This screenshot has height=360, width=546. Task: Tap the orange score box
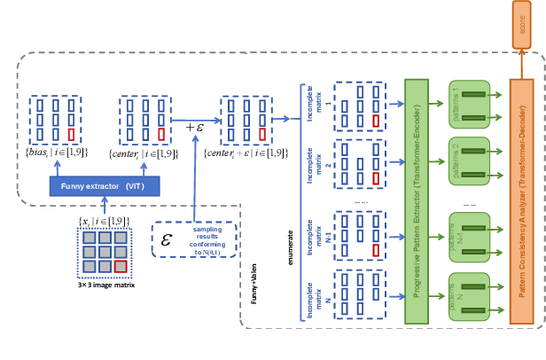coord(522,31)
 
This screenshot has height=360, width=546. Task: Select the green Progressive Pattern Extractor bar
coord(417,200)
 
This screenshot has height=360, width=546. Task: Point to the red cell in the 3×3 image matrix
coord(121,267)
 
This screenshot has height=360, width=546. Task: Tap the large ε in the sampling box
coord(166,239)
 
